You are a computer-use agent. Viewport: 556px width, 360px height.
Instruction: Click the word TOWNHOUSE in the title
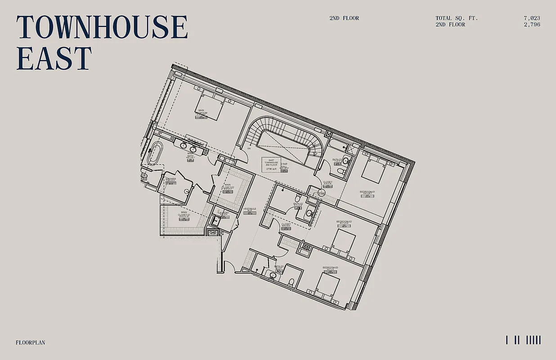coord(102,27)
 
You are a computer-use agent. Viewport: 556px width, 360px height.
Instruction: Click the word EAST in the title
coord(54,58)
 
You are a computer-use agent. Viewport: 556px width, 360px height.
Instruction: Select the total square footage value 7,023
coord(532,18)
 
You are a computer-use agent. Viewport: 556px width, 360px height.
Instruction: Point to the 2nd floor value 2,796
coord(532,25)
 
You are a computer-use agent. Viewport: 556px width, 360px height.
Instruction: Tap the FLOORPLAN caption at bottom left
coord(31,342)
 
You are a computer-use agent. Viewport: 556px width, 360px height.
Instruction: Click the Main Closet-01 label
coord(184,214)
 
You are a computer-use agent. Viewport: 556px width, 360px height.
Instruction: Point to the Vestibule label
coord(250,209)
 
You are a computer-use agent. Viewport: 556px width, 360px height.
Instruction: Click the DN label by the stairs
coord(248,148)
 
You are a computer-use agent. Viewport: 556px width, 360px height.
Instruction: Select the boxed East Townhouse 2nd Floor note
coord(271,164)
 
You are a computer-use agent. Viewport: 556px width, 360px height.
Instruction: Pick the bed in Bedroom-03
coord(327,284)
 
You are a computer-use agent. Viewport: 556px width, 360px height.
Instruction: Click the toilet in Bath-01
coord(340,171)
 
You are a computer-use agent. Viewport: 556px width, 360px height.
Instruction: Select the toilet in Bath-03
coord(291,282)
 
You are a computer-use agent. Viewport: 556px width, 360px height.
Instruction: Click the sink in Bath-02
coord(309,213)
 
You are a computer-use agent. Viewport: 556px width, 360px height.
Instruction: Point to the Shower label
coord(170,179)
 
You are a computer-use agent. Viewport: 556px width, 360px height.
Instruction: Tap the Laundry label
coord(224,213)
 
